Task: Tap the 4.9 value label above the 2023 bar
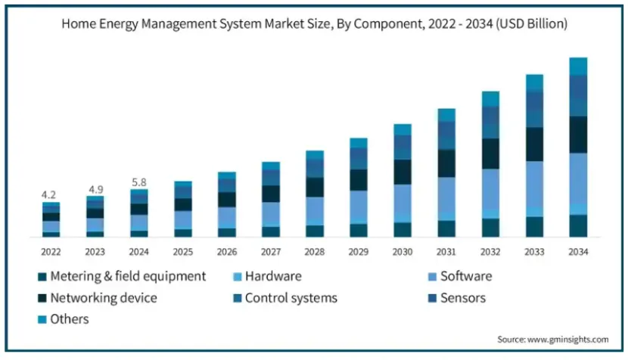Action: pyautogui.click(x=95, y=188)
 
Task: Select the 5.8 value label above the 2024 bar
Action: pyautogui.click(x=139, y=182)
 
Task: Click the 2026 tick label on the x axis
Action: pyautogui.click(x=227, y=250)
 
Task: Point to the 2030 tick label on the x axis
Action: pyautogui.click(x=403, y=250)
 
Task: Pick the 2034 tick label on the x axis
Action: pyautogui.click(x=578, y=250)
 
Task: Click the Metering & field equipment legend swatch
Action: pyautogui.click(x=42, y=277)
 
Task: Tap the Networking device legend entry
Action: pyautogui.click(x=103, y=298)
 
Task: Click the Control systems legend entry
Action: pyautogui.click(x=291, y=298)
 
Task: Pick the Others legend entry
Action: pyautogui.click(x=69, y=319)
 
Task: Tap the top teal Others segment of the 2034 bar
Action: pyautogui.click(x=578, y=66)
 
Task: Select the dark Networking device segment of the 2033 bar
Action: pyautogui.click(x=534, y=144)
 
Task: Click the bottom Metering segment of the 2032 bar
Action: pyautogui.click(x=490, y=228)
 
